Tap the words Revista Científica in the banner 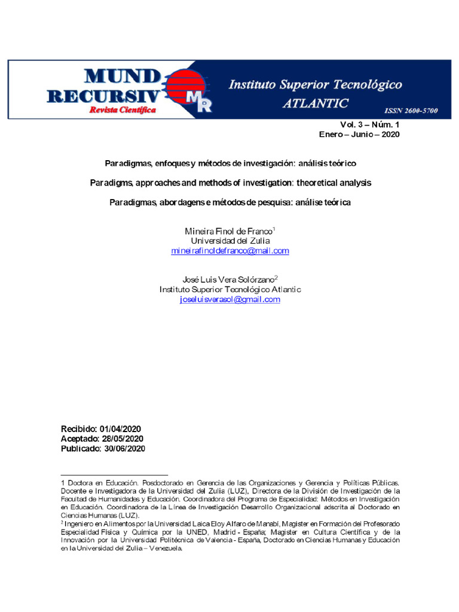[x=123, y=110]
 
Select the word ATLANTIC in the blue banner [x=315, y=103]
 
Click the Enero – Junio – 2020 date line [x=359, y=134]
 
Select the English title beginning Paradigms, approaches [x=230, y=182]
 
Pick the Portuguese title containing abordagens [x=230, y=203]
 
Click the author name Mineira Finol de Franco [x=229, y=231]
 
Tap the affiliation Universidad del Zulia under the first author [x=229, y=241]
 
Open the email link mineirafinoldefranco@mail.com [x=230, y=251]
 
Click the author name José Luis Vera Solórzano [x=228, y=279]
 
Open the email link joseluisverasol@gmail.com [x=230, y=299]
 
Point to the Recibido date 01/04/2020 [x=123, y=429]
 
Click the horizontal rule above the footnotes [x=114, y=475]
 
